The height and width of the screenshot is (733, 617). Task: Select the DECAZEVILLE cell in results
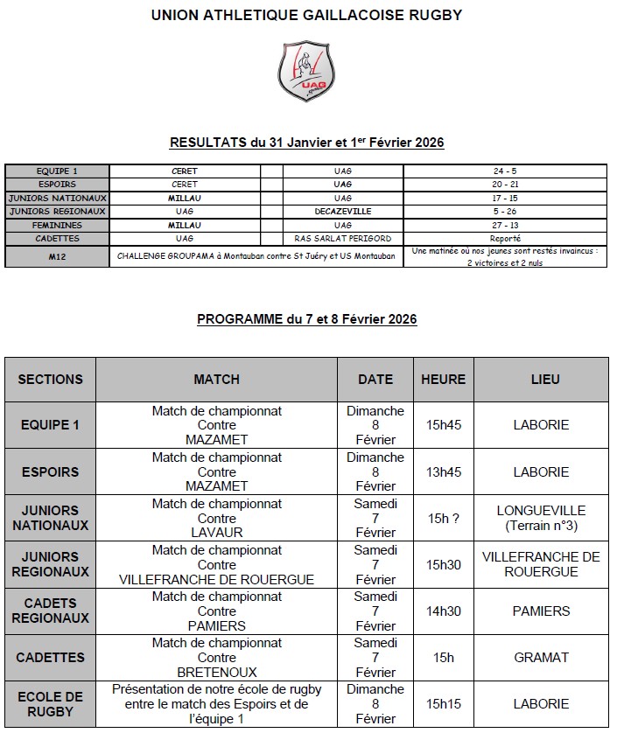click(x=343, y=211)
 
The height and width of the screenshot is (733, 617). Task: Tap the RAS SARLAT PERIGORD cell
click(x=343, y=238)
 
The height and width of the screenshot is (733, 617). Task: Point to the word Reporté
click(x=506, y=238)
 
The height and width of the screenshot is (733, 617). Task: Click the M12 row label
click(x=57, y=257)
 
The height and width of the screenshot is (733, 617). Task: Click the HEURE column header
click(x=443, y=380)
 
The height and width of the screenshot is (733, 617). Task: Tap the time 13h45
click(x=443, y=471)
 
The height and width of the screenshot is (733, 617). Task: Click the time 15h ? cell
click(x=443, y=518)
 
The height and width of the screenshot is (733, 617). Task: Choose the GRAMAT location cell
click(x=541, y=657)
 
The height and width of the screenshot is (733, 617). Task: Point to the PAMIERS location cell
click(x=541, y=611)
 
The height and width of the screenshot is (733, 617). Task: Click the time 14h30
click(x=443, y=611)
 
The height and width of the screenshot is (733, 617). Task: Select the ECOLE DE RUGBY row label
click(x=50, y=704)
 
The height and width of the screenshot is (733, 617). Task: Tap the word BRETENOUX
click(x=216, y=672)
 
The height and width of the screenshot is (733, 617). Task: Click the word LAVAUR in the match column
click(x=216, y=532)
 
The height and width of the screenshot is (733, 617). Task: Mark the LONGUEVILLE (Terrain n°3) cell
click(x=541, y=518)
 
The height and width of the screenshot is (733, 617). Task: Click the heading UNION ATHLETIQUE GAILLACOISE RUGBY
click(x=306, y=15)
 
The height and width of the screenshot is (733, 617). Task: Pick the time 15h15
click(x=443, y=703)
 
